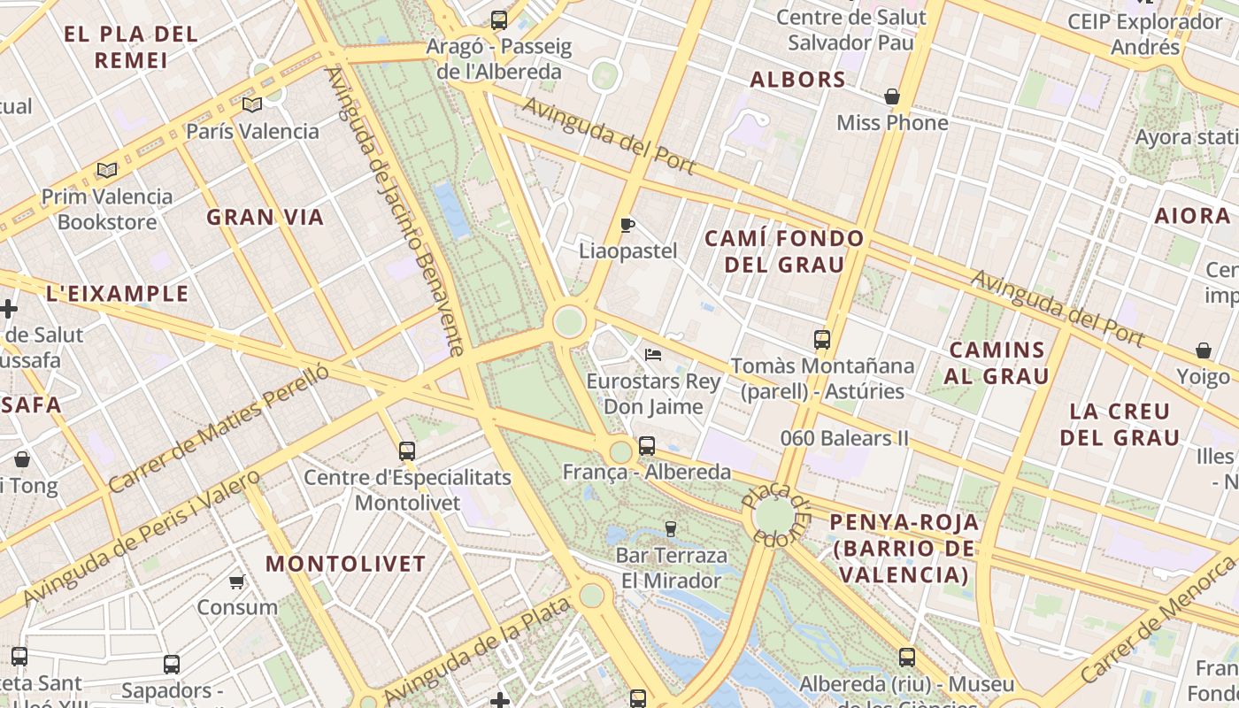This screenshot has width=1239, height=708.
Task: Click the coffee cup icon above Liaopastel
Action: click(627, 225)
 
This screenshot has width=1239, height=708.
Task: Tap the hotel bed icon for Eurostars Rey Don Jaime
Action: click(653, 355)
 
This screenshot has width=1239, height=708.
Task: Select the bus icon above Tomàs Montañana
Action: click(822, 339)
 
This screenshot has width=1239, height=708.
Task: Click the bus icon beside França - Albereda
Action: click(647, 446)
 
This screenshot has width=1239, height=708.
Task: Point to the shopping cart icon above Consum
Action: click(236, 581)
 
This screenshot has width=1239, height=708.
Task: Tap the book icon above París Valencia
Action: click(252, 105)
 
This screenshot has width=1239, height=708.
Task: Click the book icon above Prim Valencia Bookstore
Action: click(107, 170)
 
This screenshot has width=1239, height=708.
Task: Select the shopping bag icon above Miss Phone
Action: click(892, 96)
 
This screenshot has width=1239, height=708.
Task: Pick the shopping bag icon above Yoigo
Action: click(1204, 350)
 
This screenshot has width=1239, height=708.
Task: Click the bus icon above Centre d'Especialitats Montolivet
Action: click(407, 451)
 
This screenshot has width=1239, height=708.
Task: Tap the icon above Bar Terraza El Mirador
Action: click(671, 529)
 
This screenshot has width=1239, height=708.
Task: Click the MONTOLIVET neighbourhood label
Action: click(346, 564)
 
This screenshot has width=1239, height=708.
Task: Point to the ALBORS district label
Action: click(798, 80)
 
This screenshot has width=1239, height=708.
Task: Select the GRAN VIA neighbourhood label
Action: click(265, 217)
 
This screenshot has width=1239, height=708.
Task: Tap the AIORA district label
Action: click(1192, 215)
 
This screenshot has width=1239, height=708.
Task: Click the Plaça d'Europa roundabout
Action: click(775, 516)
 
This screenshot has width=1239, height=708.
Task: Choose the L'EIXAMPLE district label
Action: click(117, 294)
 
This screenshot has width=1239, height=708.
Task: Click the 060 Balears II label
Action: click(844, 438)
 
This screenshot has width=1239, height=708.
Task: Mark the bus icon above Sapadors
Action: click(172, 664)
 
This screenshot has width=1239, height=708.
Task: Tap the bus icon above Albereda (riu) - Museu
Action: click(907, 658)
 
